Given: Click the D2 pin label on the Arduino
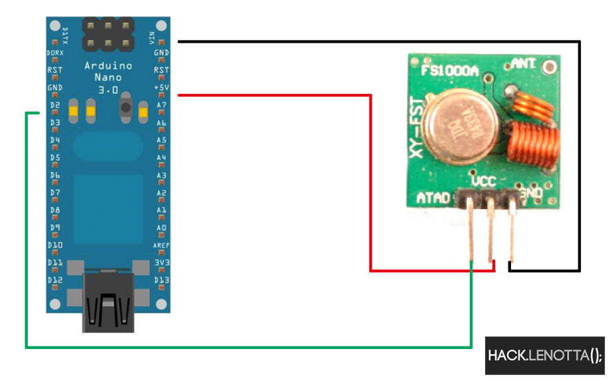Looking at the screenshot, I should click(55, 105).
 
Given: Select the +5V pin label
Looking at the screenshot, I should click(161, 87).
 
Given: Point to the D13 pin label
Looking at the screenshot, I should click(161, 280).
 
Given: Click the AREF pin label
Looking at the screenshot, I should click(161, 245).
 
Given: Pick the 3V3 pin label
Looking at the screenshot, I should click(161, 262).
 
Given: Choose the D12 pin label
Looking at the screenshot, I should click(55, 280).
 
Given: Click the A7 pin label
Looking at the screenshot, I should click(161, 105).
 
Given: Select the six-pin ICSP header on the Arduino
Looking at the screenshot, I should click(107, 35).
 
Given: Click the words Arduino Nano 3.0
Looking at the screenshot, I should click(107, 77).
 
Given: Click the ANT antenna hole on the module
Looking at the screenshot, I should click(549, 66).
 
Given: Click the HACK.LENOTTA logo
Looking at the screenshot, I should click(544, 355).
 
